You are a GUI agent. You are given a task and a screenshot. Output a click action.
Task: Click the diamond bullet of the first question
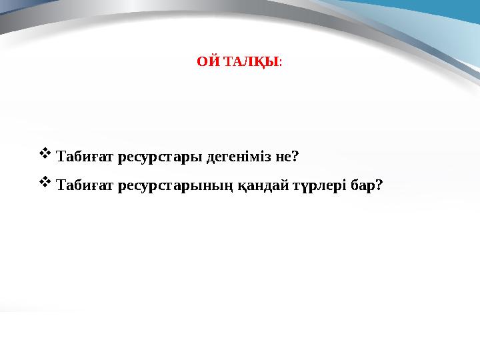coord(45,155)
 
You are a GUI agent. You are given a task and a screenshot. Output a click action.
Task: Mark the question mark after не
coord(295,157)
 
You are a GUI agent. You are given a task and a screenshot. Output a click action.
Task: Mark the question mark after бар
coord(379,185)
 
